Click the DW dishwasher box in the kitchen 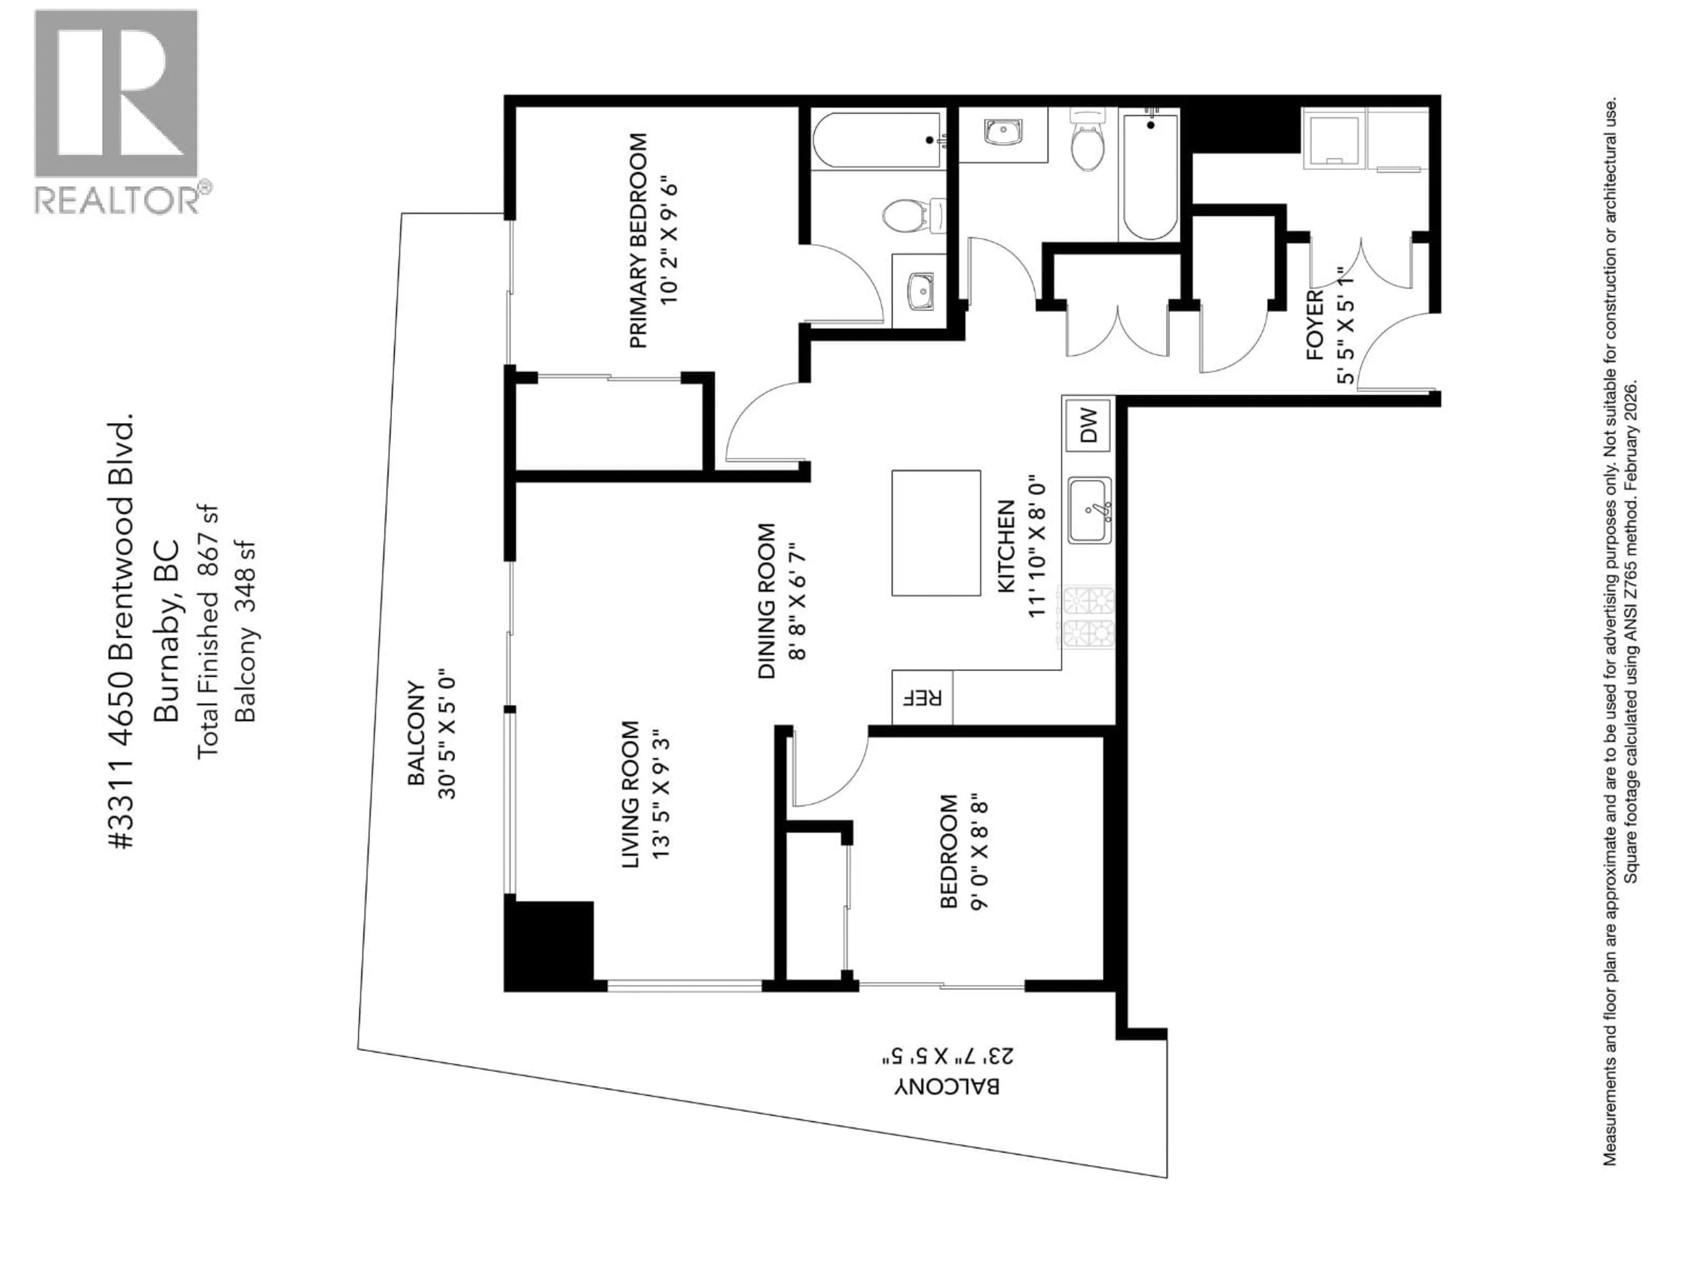pyautogui.click(x=1088, y=425)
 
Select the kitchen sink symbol pyautogui.click(x=1089, y=510)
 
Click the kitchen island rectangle pyautogui.click(x=936, y=533)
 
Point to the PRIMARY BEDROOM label pyautogui.click(x=639, y=241)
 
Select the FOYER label pyautogui.click(x=1315, y=326)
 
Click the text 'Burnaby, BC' pyautogui.click(x=166, y=630)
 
